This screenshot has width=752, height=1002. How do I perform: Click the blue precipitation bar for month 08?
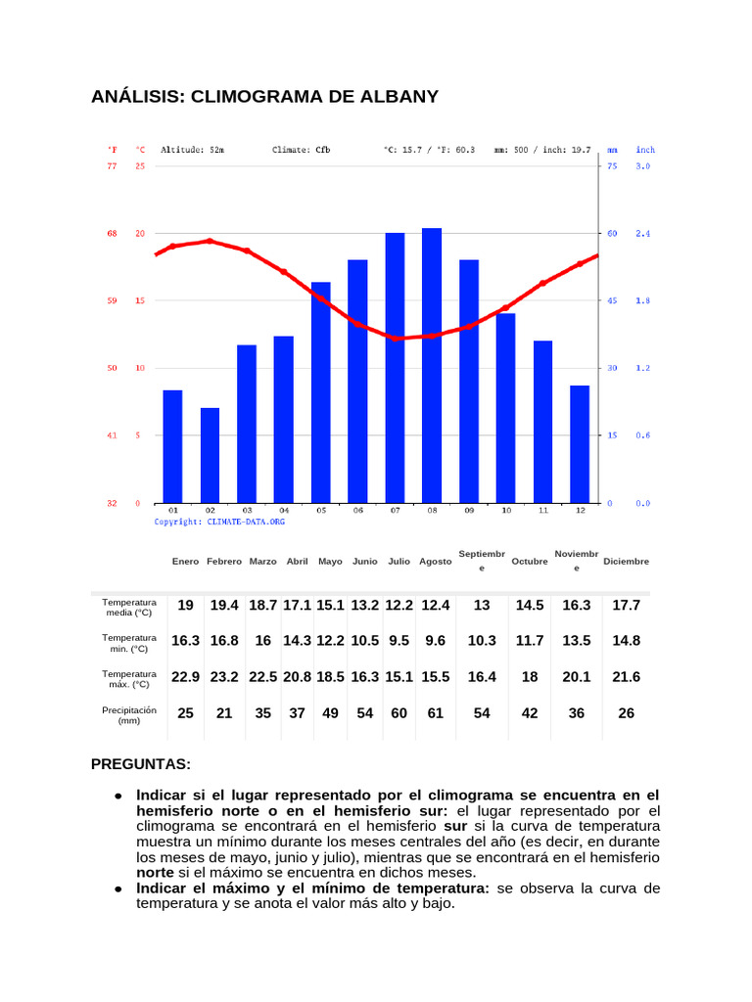point(432,366)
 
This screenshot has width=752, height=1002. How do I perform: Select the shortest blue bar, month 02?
point(210,455)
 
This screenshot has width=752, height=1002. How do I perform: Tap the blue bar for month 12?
point(580,444)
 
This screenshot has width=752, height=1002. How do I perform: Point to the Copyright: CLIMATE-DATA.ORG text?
point(219,523)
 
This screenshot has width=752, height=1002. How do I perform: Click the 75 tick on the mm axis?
point(612,166)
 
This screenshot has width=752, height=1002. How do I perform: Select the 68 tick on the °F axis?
point(112,234)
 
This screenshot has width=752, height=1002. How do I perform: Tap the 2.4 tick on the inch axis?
point(643,234)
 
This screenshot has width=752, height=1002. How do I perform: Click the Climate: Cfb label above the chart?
point(301,151)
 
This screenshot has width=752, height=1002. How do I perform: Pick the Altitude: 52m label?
point(192,151)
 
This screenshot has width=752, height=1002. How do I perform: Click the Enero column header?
point(185,562)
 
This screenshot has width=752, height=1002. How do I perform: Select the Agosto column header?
point(436,562)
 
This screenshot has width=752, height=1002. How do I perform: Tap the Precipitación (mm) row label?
point(129,714)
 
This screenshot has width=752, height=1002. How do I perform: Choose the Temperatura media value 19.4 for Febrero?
point(224,606)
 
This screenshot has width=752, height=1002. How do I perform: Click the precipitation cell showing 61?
point(436,713)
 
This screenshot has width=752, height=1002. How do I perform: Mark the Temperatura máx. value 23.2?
point(224,677)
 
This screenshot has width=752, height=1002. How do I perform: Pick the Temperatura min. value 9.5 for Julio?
point(399,641)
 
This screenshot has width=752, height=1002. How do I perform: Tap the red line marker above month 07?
point(397,338)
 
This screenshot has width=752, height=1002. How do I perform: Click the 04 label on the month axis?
point(284,511)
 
